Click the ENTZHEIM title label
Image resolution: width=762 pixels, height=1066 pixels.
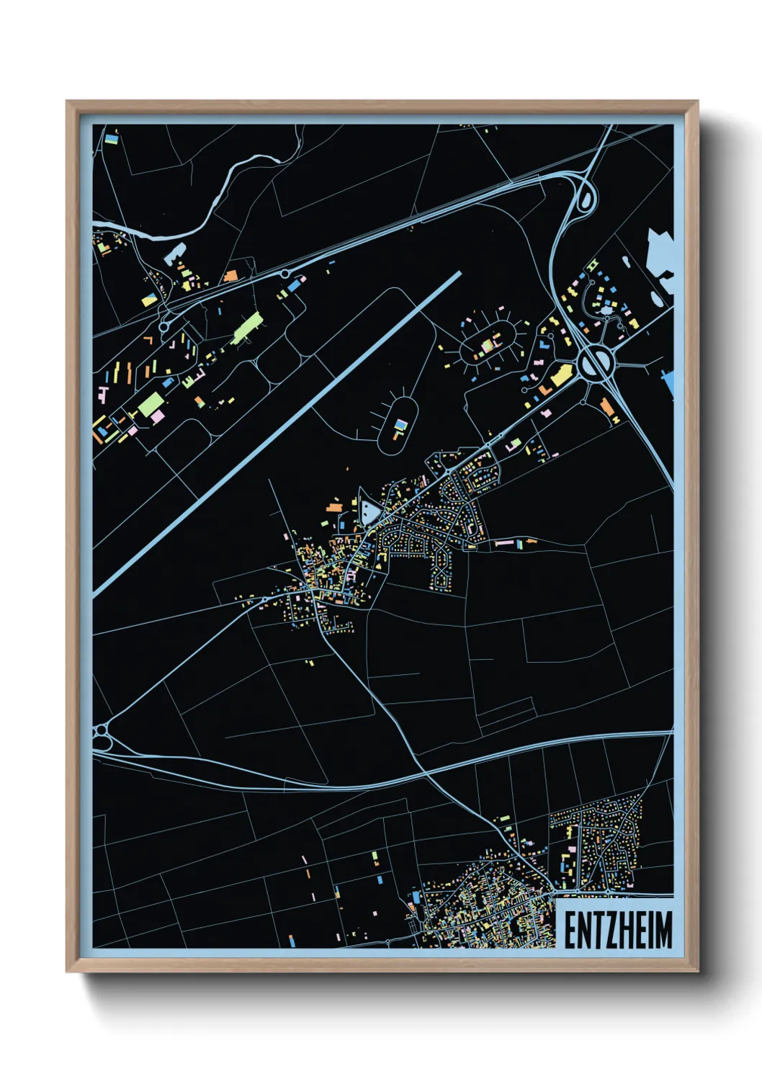click(x=617, y=930)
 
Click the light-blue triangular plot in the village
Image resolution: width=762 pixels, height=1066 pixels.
click(x=369, y=512)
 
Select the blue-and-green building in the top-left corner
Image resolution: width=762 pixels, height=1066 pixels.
click(x=112, y=137)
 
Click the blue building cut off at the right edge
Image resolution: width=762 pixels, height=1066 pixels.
click(x=669, y=382)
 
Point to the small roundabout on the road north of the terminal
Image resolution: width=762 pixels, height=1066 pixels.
click(x=285, y=274)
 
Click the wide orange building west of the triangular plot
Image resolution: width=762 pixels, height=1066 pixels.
click(x=333, y=507)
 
